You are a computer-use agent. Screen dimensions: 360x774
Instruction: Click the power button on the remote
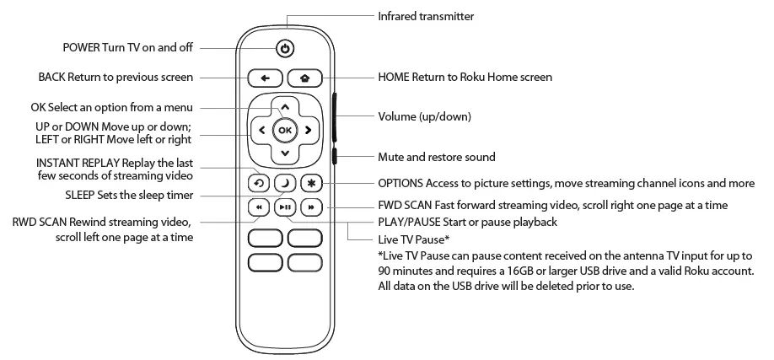286,48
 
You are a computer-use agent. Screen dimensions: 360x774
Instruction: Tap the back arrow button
265,78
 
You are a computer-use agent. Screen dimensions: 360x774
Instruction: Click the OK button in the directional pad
285,130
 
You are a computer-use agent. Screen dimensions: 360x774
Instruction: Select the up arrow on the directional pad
285,107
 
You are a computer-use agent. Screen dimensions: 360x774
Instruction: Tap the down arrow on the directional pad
285,153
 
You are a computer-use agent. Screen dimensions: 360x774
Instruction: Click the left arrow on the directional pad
262,130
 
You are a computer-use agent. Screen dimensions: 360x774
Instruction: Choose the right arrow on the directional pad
309,130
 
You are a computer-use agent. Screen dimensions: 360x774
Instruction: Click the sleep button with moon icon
285,183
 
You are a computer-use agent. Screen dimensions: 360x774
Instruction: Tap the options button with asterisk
310,183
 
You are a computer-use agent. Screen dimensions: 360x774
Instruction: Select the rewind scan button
260,207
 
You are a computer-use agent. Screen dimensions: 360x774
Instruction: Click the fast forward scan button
310,207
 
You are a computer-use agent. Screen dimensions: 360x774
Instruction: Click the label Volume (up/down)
424,116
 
